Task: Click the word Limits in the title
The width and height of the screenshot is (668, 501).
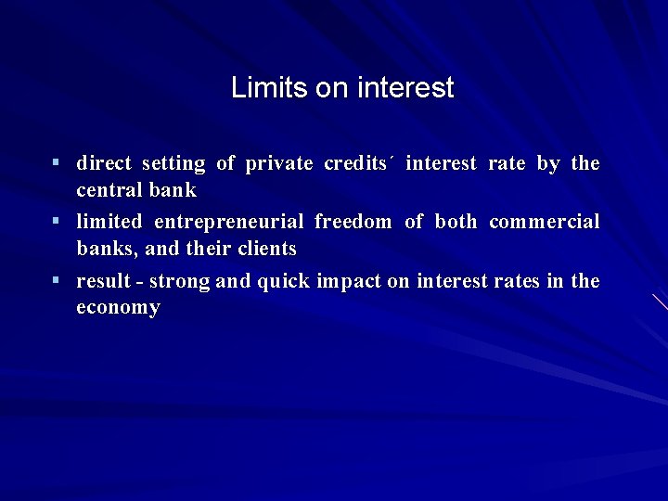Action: (259, 88)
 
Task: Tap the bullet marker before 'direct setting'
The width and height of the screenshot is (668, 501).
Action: (57, 163)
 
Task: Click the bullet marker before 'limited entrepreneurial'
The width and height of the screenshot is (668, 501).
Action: (57, 222)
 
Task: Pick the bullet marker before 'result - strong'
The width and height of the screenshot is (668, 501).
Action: (57, 280)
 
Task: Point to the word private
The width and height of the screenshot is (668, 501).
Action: (279, 164)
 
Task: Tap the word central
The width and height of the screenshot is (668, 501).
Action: (109, 190)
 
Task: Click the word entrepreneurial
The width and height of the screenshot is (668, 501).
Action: (229, 223)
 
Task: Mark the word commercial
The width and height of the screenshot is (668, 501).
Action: (544, 223)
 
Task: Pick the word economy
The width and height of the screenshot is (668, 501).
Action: (118, 307)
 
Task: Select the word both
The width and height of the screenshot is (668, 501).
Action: (455, 223)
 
